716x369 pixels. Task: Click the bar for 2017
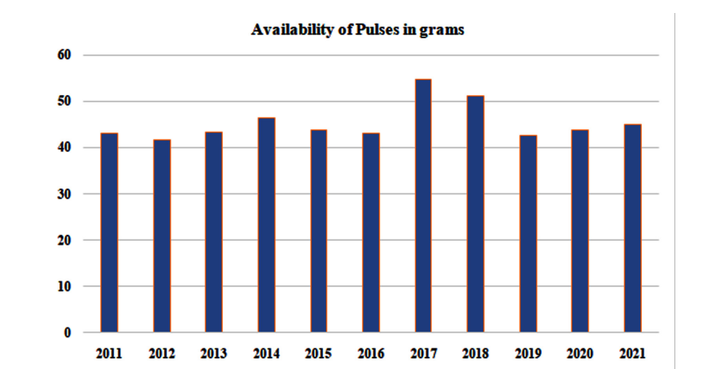[423, 206]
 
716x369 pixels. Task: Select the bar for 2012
[162, 236]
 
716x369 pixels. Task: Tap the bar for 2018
[475, 214]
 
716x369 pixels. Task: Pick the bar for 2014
[267, 225]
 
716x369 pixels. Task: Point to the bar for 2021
[633, 228]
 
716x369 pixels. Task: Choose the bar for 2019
[528, 233]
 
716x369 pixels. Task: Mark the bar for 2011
[109, 232]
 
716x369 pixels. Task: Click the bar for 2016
[371, 232]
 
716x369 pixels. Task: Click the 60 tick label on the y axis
[64, 55]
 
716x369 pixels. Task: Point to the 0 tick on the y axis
[68, 333]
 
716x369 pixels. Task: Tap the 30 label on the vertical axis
[64, 194]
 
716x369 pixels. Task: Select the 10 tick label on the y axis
[64, 286]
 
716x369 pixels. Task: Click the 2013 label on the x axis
[214, 354]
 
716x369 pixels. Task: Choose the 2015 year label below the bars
[319, 354]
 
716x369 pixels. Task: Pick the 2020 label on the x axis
[580, 354]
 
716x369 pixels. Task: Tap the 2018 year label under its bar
[475, 354]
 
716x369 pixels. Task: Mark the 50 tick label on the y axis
[64, 102]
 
